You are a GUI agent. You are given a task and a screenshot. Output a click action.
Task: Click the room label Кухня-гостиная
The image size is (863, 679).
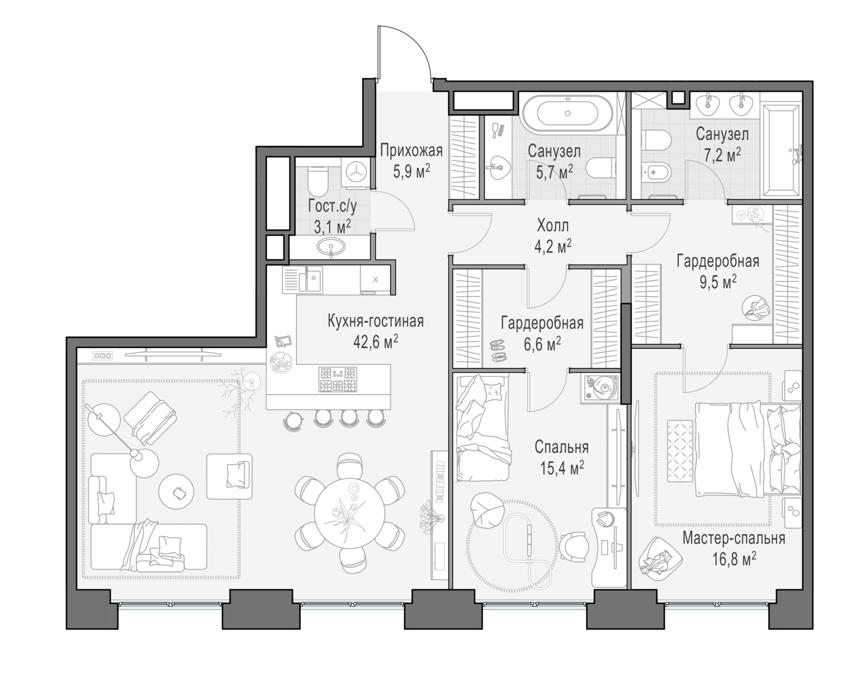[375, 321]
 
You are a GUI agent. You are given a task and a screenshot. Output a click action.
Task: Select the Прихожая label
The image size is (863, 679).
[411, 151]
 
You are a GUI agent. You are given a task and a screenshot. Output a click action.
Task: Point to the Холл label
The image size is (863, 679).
[552, 225]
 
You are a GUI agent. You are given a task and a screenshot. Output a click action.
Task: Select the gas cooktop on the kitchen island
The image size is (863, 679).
[338, 379]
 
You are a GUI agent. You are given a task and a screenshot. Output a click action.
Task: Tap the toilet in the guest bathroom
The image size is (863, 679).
[316, 181]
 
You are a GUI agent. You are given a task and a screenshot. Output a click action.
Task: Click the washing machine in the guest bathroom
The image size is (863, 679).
[356, 172]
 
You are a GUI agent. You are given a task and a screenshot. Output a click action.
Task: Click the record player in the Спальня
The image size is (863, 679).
[601, 388]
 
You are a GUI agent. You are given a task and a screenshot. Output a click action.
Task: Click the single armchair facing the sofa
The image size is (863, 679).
[230, 477]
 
